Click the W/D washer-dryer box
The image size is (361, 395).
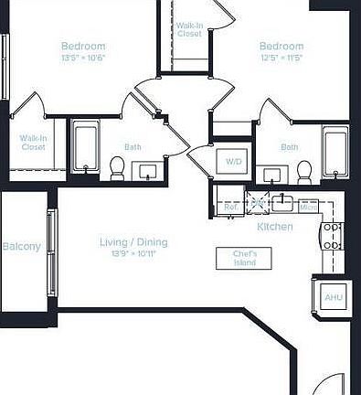235,162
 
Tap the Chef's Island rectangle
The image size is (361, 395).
244,258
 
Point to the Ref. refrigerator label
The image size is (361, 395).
231,208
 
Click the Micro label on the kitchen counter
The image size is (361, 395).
308,207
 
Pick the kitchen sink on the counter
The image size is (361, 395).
283,202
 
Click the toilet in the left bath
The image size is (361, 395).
117,167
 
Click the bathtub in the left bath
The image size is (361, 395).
86,147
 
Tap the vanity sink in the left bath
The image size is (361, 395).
146,170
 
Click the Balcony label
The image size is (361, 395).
21,247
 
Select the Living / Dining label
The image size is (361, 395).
133,242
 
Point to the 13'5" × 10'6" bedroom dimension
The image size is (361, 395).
83,58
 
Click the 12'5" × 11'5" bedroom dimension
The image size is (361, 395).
281,58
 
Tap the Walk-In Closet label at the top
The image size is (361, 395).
189,28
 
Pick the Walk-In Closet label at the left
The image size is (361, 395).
33,143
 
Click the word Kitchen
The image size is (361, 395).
274,226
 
